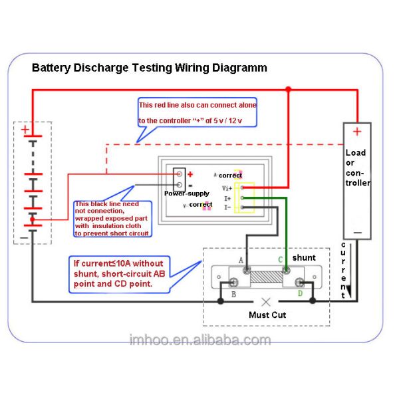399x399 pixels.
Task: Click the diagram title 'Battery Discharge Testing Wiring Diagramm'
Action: [150, 68]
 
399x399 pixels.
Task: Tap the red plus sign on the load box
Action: [357, 131]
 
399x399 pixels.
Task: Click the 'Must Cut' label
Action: [267, 315]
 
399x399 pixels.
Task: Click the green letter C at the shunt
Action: [280, 259]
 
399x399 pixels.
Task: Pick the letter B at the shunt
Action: [233, 293]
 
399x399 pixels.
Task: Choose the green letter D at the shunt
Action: [299, 293]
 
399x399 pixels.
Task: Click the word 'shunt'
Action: [304, 257]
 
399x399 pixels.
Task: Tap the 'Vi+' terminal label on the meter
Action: [227, 188]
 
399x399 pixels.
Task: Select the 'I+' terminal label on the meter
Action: [227, 198]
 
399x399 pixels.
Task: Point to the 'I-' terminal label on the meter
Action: [227, 207]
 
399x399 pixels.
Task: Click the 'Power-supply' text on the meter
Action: [187, 193]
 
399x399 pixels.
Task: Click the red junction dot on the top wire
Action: [288, 88]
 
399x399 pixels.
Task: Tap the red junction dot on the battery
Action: [32, 219]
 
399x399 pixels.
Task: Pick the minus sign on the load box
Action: [357, 233]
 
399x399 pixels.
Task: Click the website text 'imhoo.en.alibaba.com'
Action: [200, 340]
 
